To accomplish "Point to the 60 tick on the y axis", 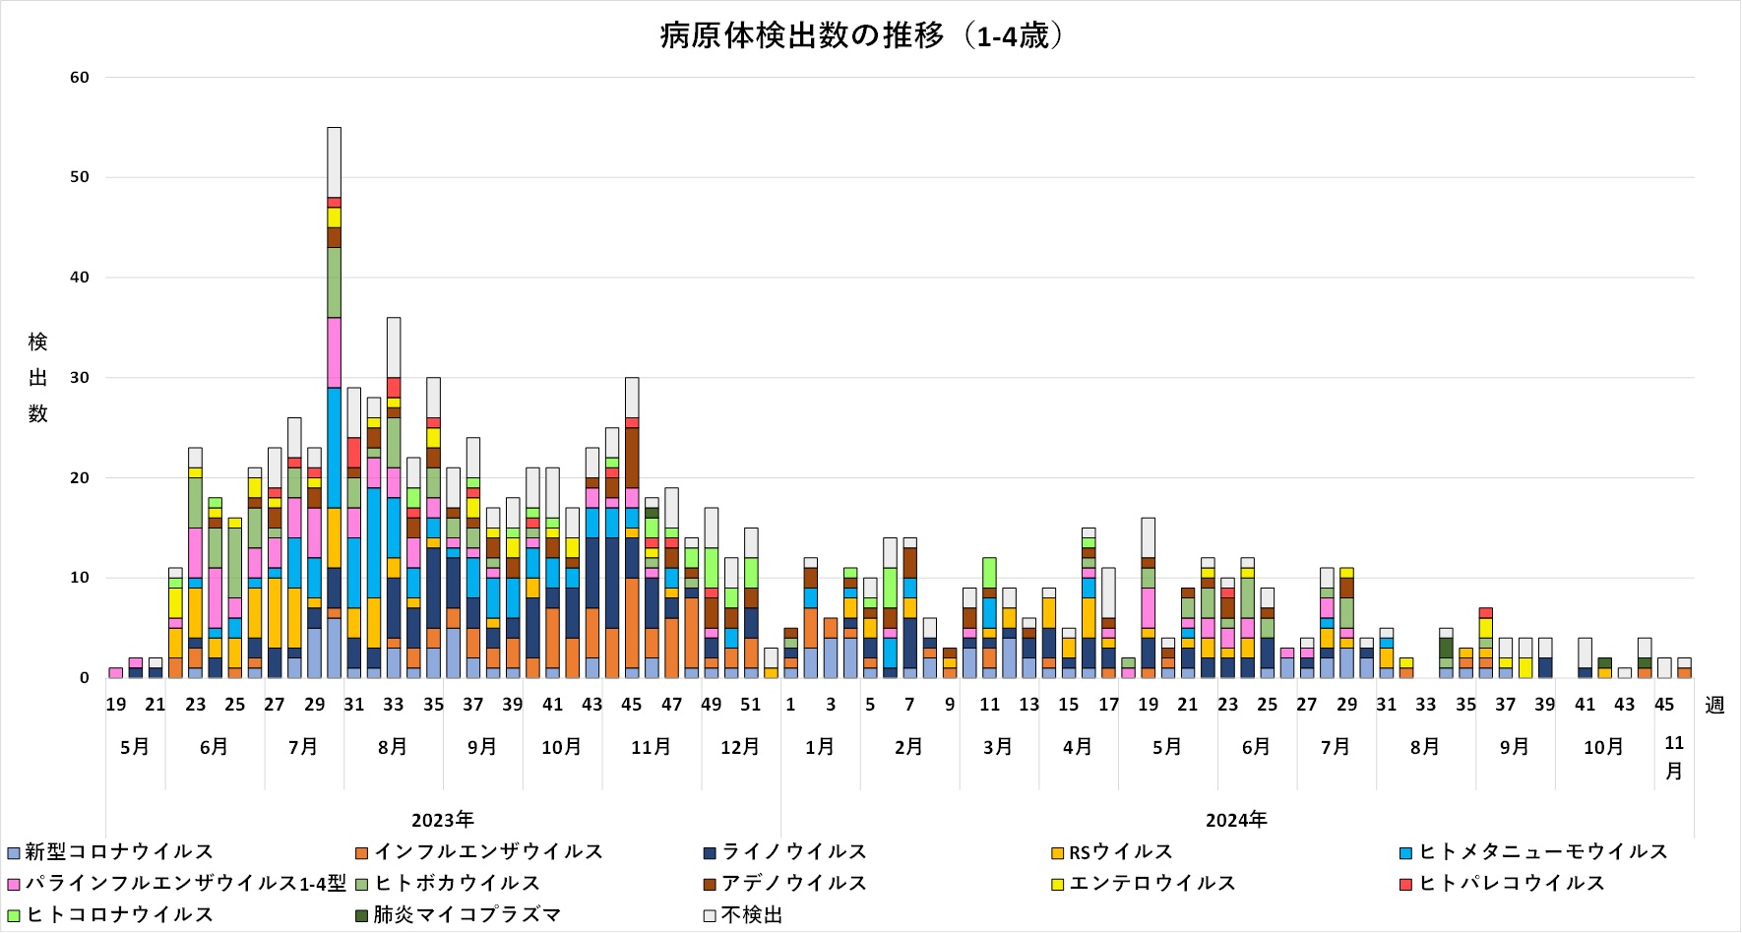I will coord(80,78).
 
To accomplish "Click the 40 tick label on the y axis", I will coord(80,278).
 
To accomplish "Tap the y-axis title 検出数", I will coord(38,378).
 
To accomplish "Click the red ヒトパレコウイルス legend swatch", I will coord(1406,884).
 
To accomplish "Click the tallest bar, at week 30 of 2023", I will coord(335,403).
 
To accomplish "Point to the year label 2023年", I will coord(443,820).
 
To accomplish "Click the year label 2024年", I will coord(1237,820).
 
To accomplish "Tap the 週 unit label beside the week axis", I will coord(1714,705).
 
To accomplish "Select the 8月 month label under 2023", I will coord(393,747).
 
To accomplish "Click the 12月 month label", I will coord(740,747).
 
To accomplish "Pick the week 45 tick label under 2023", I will coord(632,705).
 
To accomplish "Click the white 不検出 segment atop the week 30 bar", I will coord(335,162).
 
